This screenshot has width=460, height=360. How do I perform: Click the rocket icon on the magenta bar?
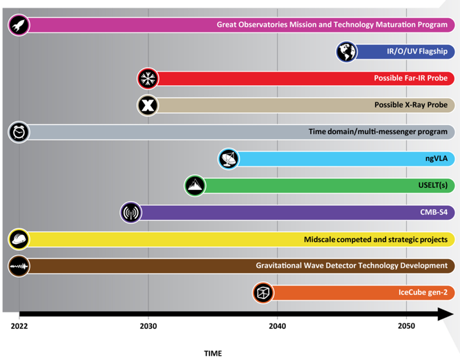click(x=19, y=25)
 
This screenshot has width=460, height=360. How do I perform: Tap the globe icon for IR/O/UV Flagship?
click(x=347, y=52)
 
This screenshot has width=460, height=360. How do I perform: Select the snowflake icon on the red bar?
click(x=148, y=79)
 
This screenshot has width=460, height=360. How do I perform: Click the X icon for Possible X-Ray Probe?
click(x=148, y=105)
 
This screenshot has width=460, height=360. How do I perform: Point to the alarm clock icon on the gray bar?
click(x=19, y=132)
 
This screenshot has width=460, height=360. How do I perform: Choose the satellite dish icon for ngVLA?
click(x=229, y=159)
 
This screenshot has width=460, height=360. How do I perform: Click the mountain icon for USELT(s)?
click(x=195, y=185)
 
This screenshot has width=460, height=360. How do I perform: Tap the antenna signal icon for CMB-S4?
click(x=131, y=212)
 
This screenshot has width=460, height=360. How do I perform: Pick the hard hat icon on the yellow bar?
click(x=19, y=239)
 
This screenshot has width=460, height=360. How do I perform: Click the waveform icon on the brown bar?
click(x=19, y=266)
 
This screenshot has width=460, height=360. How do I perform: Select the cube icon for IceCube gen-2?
click(x=263, y=292)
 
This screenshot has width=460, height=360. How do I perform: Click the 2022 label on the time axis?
click(x=19, y=325)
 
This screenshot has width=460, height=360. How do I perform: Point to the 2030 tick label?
click(x=148, y=325)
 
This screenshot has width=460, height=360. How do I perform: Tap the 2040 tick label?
click(x=277, y=325)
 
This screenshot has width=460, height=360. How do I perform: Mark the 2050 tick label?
click(x=406, y=325)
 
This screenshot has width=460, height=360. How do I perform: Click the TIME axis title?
click(x=213, y=353)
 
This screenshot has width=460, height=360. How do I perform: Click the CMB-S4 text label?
click(x=431, y=212)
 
